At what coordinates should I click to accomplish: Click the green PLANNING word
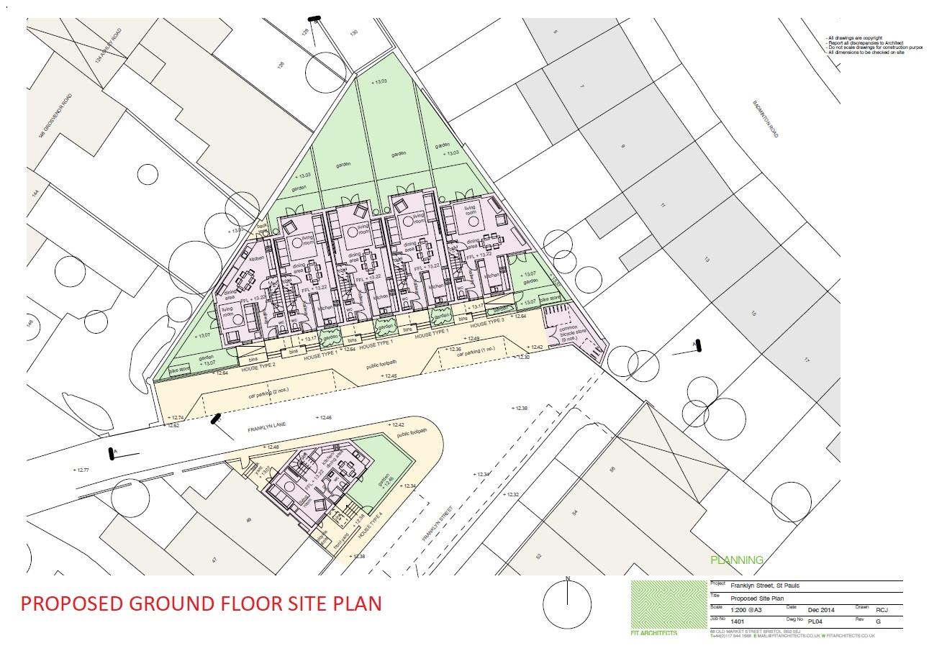click(736, 560)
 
